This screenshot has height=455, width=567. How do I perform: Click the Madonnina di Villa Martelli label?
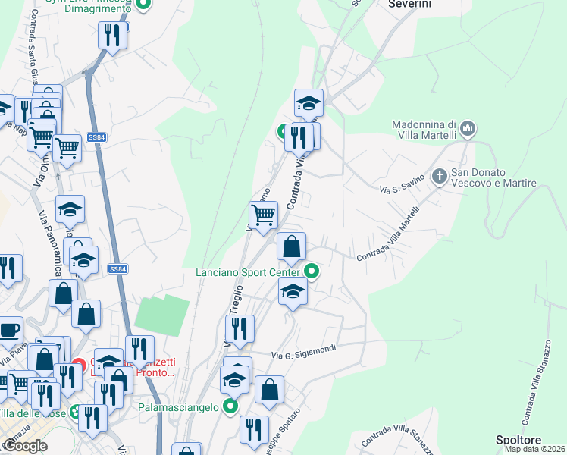click(424, 130)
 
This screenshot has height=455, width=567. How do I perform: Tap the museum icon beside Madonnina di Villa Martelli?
click(468, 130)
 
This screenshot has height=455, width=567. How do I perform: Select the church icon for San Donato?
click(439, 177)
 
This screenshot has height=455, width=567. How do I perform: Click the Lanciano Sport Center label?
click(248, 271)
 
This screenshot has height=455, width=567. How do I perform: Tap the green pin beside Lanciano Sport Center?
click(312, 271)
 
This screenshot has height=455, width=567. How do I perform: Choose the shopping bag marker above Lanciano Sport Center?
click(291, 246)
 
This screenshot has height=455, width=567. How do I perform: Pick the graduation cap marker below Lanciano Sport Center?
click(292, 291)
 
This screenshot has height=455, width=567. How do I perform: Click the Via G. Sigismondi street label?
click(302, 354)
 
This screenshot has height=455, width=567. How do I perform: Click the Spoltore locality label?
click(518, 440)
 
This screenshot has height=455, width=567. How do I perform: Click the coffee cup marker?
click(8, 331)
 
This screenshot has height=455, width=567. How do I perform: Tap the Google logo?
click(24, 446)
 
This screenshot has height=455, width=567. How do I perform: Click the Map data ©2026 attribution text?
click(534, 449)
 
